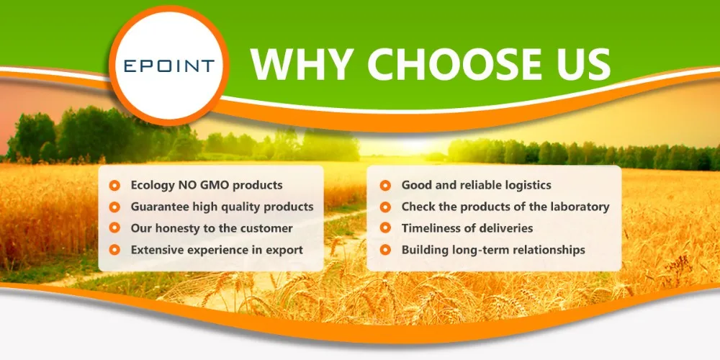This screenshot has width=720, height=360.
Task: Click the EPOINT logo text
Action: (169, 66)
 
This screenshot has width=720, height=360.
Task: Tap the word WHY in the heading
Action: (302, 64)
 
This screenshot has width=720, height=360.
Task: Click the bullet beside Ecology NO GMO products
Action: (114, 186)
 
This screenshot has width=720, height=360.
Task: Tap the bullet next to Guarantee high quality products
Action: (114, 207)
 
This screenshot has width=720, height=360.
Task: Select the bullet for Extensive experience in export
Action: (114, 250)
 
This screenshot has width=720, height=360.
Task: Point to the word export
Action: (288, 251)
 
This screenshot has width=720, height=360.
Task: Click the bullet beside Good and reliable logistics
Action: (385, 186)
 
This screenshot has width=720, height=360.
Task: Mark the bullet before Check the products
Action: (385, 207)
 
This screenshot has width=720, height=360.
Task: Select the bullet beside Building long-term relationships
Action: (385, 250)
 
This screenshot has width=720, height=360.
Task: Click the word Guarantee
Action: (156, 207)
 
